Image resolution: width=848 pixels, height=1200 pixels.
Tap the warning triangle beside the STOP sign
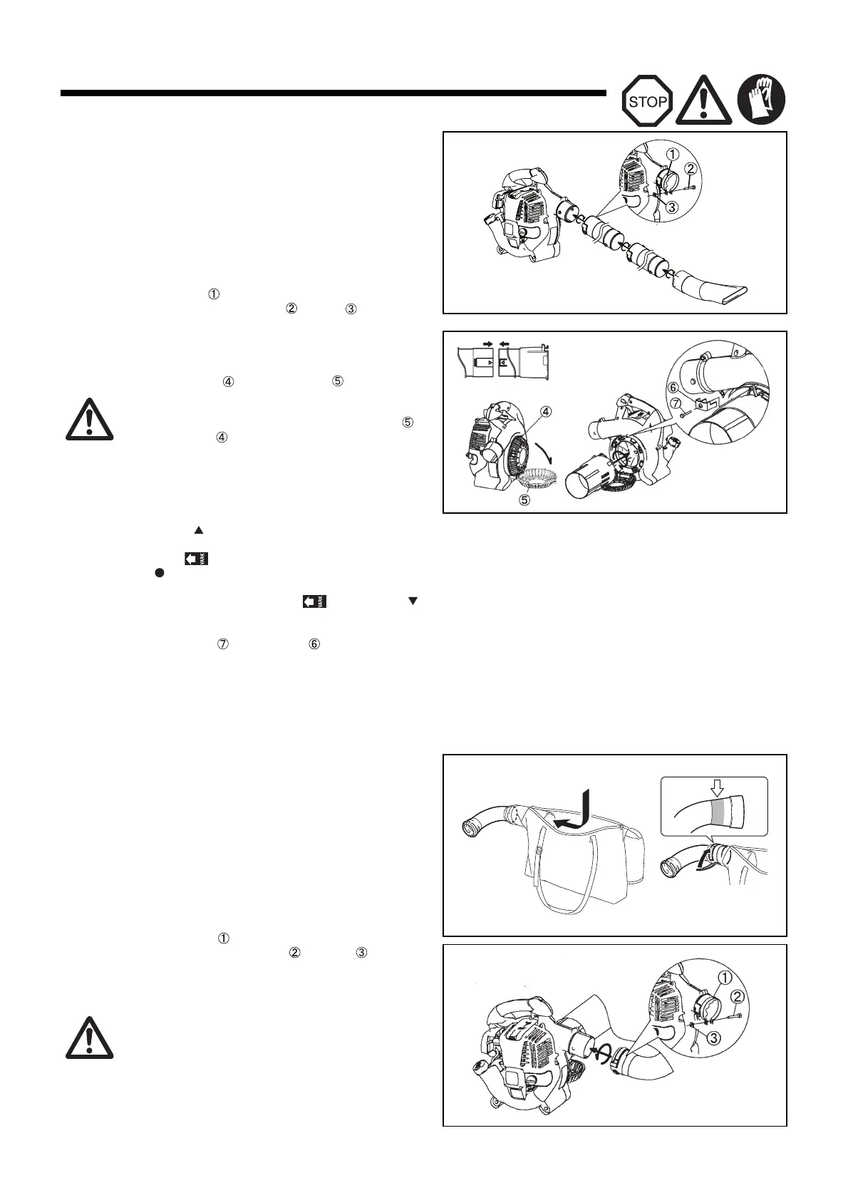tap(704, 100)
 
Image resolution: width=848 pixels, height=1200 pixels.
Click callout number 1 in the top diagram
tap(671, 152)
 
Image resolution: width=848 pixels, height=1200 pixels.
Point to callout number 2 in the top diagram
tap(691, 169)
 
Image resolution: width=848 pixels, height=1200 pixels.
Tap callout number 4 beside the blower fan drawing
tap(545, 411)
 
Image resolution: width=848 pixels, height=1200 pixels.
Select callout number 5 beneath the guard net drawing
tap(524, 500)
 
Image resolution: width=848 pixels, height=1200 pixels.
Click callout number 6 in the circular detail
tap(673, 387)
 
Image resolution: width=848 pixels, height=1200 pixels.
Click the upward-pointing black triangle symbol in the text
tap(200, 530)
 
